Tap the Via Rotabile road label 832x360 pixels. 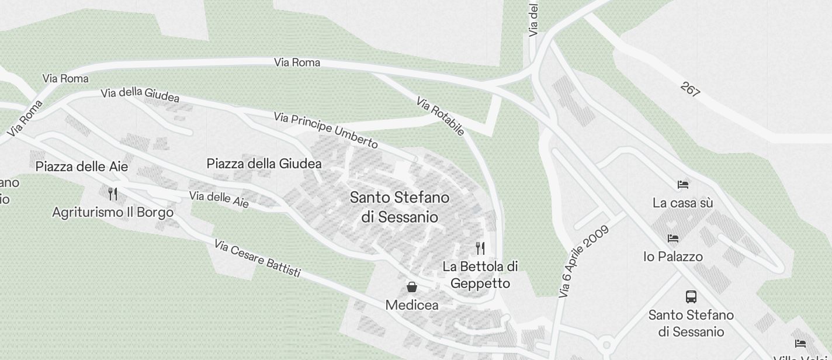point(441,116)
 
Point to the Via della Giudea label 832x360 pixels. point(140,95)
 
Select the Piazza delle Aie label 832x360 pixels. point(82,167)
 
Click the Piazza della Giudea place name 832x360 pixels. point(264,164)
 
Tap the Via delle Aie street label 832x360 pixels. point(219,199)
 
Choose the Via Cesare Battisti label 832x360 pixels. point(257,258)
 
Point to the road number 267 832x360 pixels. point(690,89)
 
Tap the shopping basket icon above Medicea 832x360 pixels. point(412,286)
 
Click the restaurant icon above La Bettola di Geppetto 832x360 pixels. point(480,248)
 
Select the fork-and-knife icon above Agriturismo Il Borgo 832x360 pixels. point(113,193)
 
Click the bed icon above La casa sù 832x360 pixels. point(682,185)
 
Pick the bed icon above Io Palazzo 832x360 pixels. point(673,238)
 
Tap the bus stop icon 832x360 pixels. point(691,296)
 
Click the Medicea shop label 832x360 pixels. point(412,305)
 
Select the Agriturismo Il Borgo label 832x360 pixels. point(113,212)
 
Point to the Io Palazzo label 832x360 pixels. point(673,257)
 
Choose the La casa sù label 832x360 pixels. point(682,203)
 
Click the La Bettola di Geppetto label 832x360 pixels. point(480,275)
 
